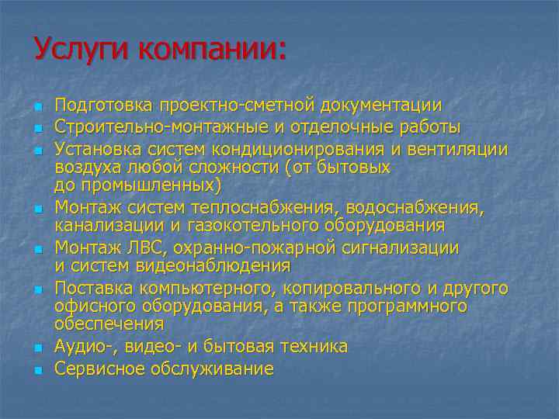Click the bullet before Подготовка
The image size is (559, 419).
37,106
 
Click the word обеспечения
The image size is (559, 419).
109,324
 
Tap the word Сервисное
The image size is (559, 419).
95,369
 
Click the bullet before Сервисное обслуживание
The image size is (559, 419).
37,370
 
